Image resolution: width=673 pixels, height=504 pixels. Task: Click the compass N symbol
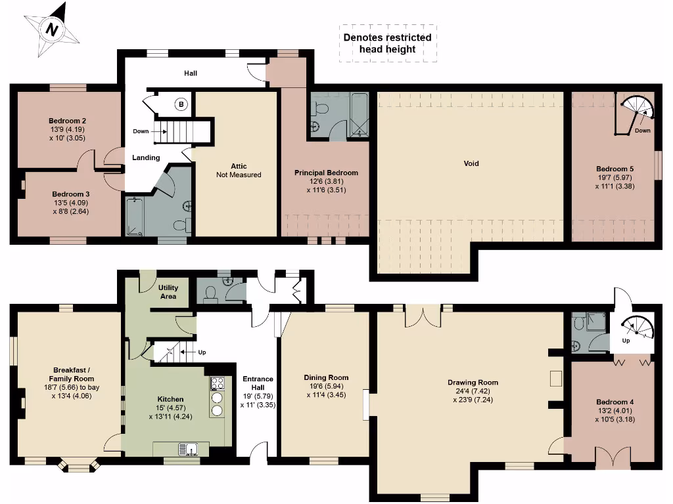[x=51, y=29]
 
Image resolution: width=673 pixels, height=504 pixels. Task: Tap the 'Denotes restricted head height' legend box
[x=388, y=43]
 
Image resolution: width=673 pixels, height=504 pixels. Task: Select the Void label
[x=471, y=163]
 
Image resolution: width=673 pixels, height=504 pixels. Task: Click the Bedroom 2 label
[x=67, y=121]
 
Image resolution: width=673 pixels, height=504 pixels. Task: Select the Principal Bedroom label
[x=326, y=173]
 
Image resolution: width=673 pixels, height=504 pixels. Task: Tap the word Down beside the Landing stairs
[x=140, y=131]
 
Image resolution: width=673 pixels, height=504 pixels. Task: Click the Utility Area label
[x=168, y=292]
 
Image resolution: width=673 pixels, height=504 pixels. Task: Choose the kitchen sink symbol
[x=187, y=450]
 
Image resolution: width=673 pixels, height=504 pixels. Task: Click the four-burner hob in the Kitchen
[x=218, y=383]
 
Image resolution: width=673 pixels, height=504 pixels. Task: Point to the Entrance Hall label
[x=258, y=383]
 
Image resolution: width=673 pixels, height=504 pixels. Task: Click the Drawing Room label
[x=473, y=382]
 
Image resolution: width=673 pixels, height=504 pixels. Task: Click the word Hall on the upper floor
[x=190, y=73]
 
